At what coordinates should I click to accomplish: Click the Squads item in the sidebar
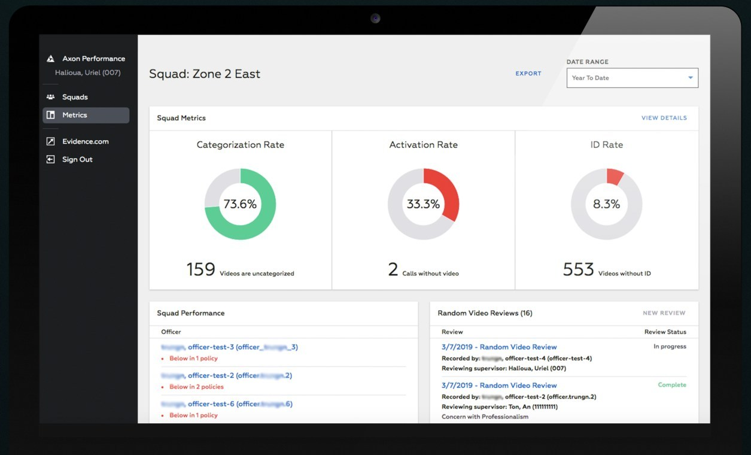(75, 97)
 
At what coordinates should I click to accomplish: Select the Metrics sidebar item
(75, 115)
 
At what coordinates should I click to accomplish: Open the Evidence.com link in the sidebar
(85, 142)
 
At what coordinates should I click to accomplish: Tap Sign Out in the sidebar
(77, 160)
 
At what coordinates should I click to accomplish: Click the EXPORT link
(528, 74)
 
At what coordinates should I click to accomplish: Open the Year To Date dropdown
(632, 78)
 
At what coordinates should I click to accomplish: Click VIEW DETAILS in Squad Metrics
(664, 118)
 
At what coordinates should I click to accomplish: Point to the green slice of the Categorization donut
(263, 222)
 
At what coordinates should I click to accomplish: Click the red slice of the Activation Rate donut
(449, 192)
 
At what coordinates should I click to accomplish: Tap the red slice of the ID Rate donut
(614, 177)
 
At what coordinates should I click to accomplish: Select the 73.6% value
(240, 204)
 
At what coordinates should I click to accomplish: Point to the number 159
(200, 269)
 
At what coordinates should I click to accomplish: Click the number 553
(578, 269)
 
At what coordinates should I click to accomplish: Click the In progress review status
(670, 347)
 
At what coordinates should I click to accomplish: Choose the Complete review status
(672, 385)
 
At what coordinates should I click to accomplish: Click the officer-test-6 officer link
(227, 404)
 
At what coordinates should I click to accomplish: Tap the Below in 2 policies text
(196, 387)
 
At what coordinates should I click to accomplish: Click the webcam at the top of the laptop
(375, 18)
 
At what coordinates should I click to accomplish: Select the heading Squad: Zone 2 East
(205, 74)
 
